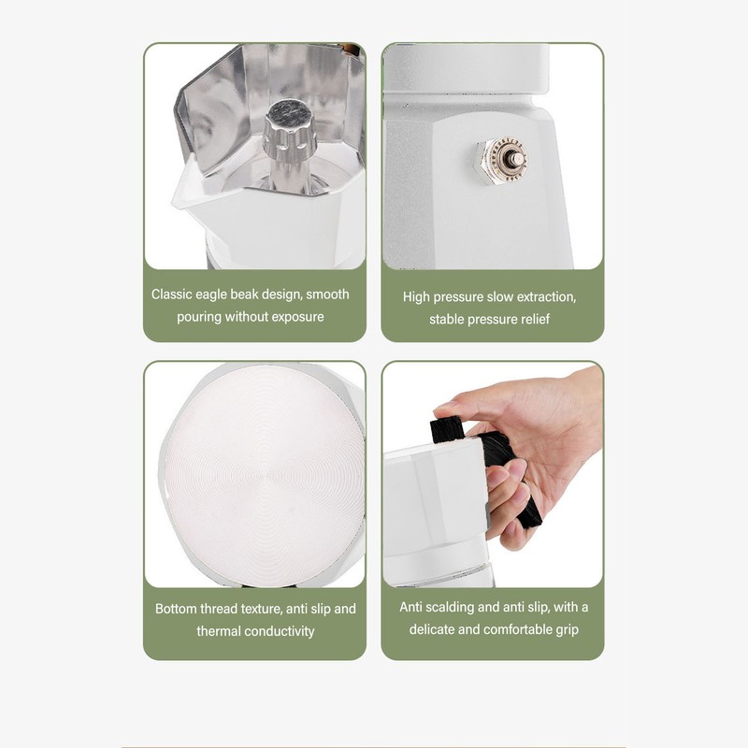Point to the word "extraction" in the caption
click(547, 297)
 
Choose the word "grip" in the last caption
click(568, 630)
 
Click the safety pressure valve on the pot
click(501, 160)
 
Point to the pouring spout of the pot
click(186, 191)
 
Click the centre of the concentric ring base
click(264, 475)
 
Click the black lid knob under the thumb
click(448, 429)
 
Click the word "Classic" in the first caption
click(171, 295)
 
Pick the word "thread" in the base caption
click(219, 609)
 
